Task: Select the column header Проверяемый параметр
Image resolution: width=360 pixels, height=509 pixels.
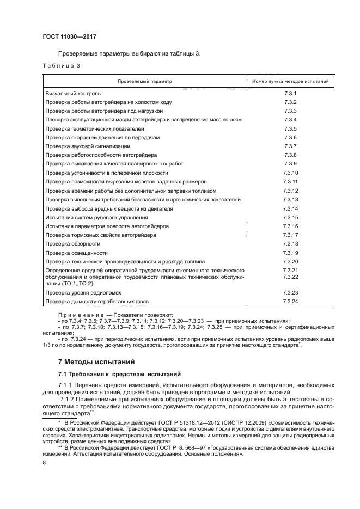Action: [x=144, y=81]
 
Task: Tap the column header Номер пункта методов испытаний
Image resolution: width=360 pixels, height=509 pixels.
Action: [x=290, y=81]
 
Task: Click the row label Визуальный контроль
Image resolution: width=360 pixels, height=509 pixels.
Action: [x=73, y=93]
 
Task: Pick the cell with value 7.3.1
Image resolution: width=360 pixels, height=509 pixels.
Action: [x=290, y=93]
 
